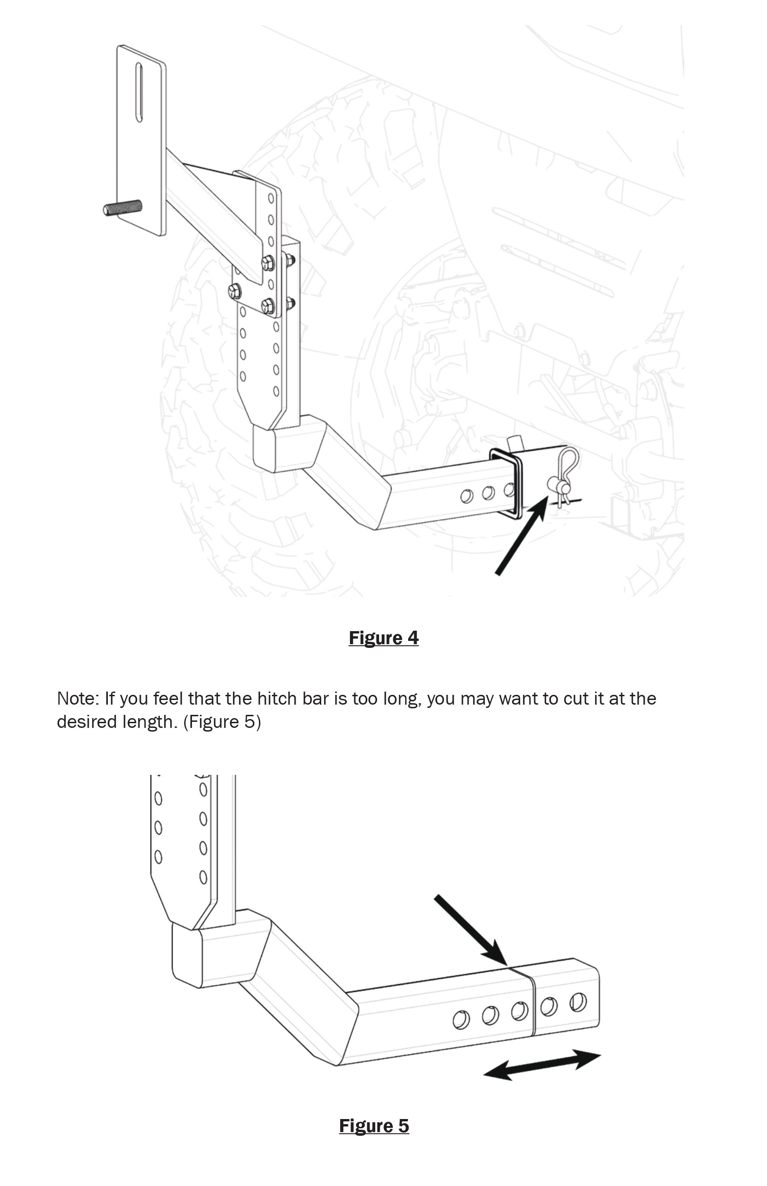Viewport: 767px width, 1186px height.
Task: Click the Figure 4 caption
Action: pos(383,638)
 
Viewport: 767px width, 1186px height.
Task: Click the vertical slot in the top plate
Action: pos(139,92)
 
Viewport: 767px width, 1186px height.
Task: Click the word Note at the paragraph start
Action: pos(78,699)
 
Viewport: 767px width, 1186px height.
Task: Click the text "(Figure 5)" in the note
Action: pos(222,721)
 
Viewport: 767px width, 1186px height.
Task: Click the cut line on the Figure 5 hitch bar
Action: pos(532,1003)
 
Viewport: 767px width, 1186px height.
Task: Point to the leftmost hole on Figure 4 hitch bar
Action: pos(467,496)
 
